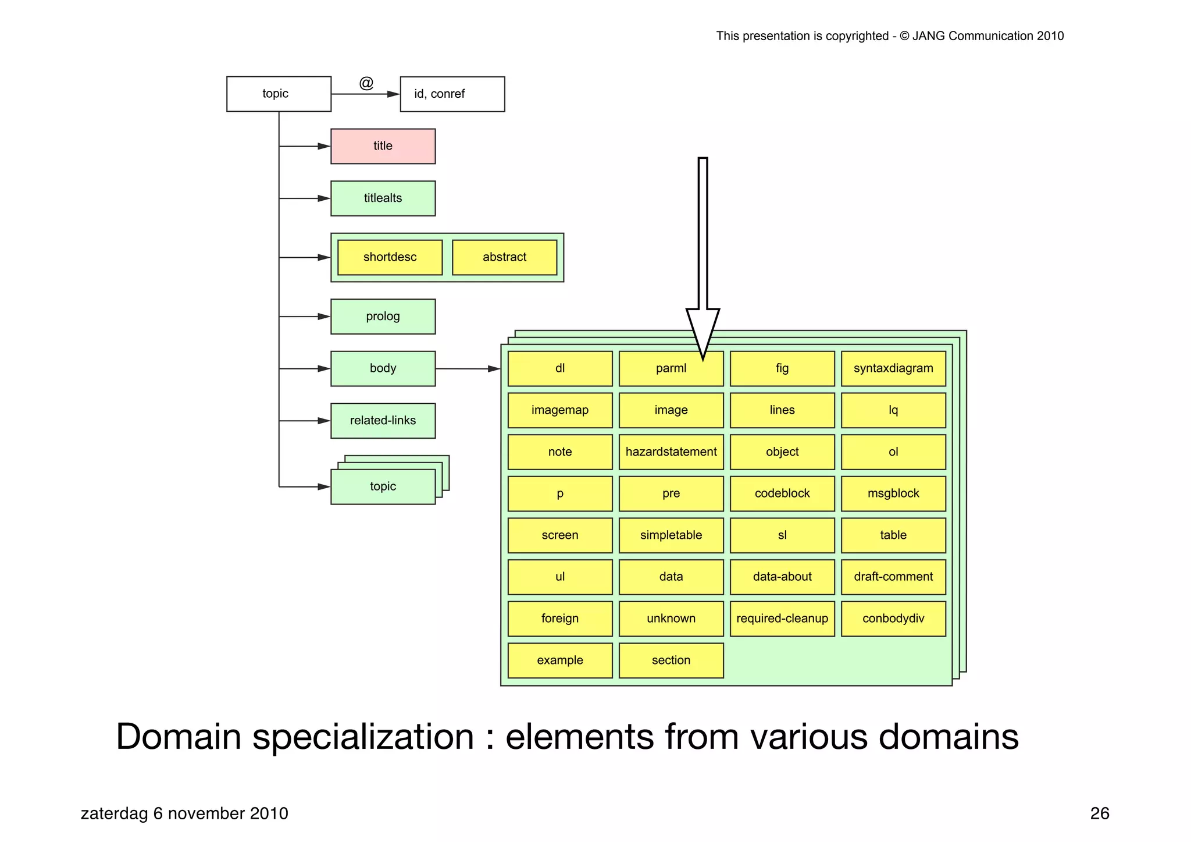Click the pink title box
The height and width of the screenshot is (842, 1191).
pyautogui.click(x=383, y=146)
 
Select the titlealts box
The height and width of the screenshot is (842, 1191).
pyautogui.click(x=383, y=198)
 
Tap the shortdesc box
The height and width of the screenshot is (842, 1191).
pyautogui.click(x=390, y=257)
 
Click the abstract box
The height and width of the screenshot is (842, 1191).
pyautogui.click(x=504, y=257)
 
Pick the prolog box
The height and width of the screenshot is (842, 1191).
pyautogui.click(x=383, y=317)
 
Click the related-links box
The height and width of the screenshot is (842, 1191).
pyautogui.click(x=383, y=421)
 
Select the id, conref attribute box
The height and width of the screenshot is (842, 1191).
pyautogui.click(x=452, y=94)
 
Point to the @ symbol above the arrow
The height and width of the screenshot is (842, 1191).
pyautogui.click(x=366, y=83)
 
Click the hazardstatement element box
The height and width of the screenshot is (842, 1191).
pyautogui.click(x=671, y=452)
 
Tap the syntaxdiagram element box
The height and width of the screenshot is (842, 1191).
pyautogui.click(x=893, y=368)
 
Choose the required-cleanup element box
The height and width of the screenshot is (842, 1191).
pyautogui.click(x=782, y=619)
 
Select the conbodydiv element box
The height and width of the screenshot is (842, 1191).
pyautogui.click(x=893, y=619)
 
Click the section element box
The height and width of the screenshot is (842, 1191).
pyautogui.click(x=671, y=660)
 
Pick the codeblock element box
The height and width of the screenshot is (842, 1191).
pyautogui.click(x=782, y=493)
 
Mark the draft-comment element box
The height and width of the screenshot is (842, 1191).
pyautogui.click(x=893, y=577)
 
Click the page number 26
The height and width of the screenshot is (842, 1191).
pyautogui.click(x=1099, y=813)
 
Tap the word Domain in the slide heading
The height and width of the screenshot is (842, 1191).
pyautogui.click(x=178, y=737)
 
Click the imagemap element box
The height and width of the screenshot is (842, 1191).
pyautogui.click(x=560, y=410)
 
